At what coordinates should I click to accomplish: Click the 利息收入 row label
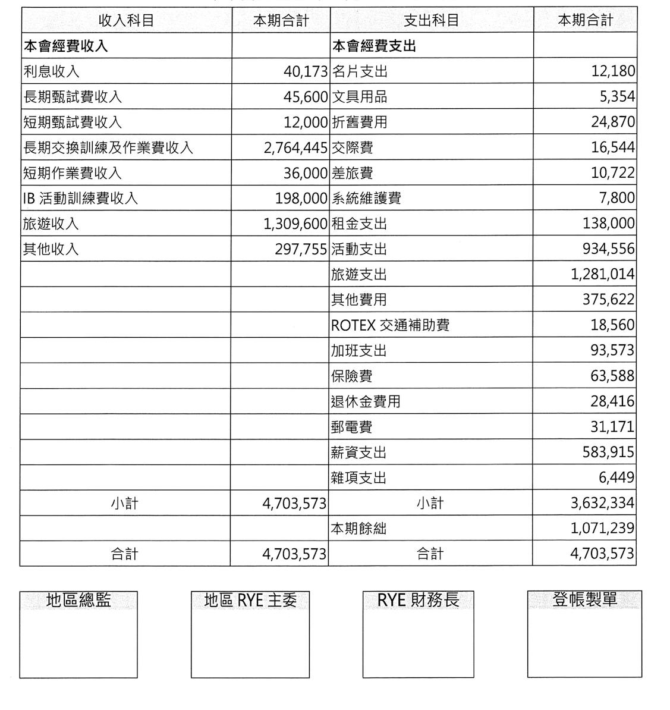[51, 71]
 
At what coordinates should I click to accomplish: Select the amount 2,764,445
[295, 147]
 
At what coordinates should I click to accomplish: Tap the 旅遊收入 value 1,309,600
[295, 224]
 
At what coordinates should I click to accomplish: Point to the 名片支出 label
[359, 71]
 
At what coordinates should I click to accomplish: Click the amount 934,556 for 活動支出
[608, 249]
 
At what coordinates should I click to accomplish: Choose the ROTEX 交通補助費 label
[390, 325]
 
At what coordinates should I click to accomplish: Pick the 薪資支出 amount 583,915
[608, 453]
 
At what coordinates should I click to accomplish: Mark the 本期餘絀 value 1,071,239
[602, 528]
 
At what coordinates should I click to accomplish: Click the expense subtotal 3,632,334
[602, 503]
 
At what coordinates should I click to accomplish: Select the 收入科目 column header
[126, 20]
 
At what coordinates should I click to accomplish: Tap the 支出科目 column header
[431, 20]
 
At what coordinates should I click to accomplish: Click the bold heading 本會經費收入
[65, 46]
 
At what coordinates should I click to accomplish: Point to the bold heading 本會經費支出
[373, 46]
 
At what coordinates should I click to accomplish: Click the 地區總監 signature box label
[78, 601]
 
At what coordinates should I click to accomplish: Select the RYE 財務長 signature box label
[419, 600]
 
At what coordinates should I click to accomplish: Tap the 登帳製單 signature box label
[584, 599]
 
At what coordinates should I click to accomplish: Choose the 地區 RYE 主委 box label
[250, 601]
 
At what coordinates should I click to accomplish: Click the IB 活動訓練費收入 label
[80, 198]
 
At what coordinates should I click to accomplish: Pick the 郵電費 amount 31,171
[612, 427]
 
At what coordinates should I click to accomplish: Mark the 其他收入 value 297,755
[301, 249]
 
